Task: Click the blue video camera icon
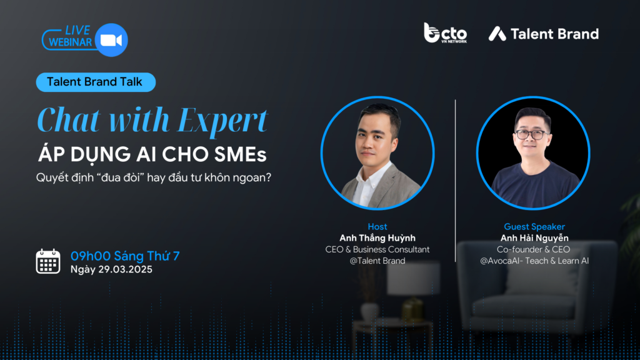(111, 40)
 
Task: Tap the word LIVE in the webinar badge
(77, 31)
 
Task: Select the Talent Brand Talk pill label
(96, 82)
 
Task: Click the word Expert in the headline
(223, 121)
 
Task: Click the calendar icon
(48, 261)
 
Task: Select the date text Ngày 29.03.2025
(111, 269)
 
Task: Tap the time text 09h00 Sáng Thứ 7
(125, 256)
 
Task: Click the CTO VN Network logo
(445, 33)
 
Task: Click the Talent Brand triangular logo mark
(497, 34)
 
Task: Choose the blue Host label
(377, 226)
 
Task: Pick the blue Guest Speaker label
(534, 226)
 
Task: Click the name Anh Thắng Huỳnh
(377, 238)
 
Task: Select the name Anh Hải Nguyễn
(534, 238)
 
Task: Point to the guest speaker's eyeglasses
(531, 134)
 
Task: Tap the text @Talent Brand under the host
(377, 261)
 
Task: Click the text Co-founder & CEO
(534, 249)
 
